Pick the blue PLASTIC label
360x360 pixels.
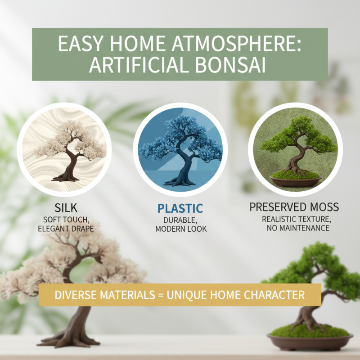pyautogui.click(x=180, y=208)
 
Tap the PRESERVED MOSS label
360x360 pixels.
pyautogui.click(x=294, y=207)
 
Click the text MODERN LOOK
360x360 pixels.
pyautogui.click(x=180, y=229)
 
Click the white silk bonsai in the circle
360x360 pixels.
pyautogui.click(x=70, y=148)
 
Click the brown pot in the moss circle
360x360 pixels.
pyautogui.click(x=295, y=181)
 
